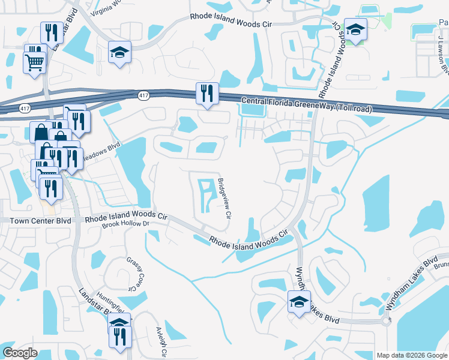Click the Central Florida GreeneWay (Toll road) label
(x=306, y=105)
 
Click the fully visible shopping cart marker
(x=34, y=61)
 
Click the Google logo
(x=20, y=353)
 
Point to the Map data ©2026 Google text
(x=411, y=355)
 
